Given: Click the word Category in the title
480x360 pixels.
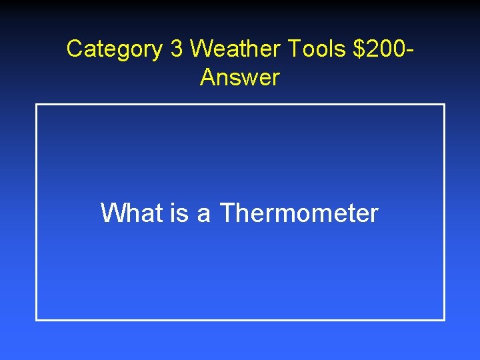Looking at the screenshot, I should point(114,49).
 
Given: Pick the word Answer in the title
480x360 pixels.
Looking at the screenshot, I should point(239,78).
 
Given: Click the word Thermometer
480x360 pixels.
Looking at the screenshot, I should point(299,213).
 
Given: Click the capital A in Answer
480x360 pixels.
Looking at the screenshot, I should point(208,78).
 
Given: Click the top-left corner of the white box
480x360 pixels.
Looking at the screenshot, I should point(37,105).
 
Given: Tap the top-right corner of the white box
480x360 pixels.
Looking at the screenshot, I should point(444,105).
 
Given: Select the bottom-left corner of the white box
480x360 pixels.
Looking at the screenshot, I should point(37,320).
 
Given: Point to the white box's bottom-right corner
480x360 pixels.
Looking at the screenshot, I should point(444,320).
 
